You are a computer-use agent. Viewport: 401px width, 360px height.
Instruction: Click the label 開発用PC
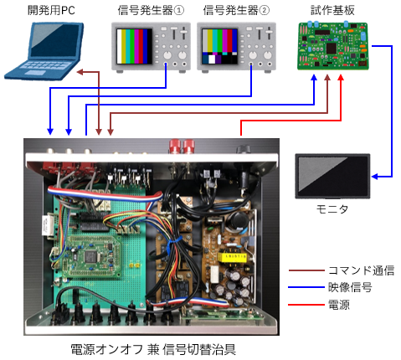pos(51,10)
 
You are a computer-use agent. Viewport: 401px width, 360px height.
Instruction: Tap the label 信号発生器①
pos(151,10)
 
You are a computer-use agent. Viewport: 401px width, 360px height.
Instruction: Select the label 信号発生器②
pos(236,10)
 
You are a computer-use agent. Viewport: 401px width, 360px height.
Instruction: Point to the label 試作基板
pos(332,10)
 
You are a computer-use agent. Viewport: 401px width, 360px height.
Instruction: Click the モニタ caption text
pos(332,208)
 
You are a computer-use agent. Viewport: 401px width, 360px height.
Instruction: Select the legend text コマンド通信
pos(361,270)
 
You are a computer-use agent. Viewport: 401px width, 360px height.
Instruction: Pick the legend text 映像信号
pos(350,287)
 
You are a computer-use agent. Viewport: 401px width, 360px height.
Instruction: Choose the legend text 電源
pos(339,304)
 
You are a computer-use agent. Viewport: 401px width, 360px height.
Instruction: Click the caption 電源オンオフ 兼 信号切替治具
pos(153,349)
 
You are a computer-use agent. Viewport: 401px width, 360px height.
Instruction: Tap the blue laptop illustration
pos(44,50)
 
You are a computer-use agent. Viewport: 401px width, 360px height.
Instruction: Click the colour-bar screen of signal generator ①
pos(135,46)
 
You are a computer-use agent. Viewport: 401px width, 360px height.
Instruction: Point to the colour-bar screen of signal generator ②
pos(220,46)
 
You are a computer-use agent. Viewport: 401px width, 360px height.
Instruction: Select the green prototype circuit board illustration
pos(333,45)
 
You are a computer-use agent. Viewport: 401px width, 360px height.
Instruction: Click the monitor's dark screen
pos(332,176)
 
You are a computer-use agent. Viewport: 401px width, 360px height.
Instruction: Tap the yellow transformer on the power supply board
pos(232,256)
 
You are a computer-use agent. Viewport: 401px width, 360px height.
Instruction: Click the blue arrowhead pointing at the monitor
pos(375,177)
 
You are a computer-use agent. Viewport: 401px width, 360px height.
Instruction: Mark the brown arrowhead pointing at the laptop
pos(80,72)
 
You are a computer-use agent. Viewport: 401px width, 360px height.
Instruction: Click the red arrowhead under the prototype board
pos(341,77)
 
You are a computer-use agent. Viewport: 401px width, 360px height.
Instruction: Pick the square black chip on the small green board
pos(90,256)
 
